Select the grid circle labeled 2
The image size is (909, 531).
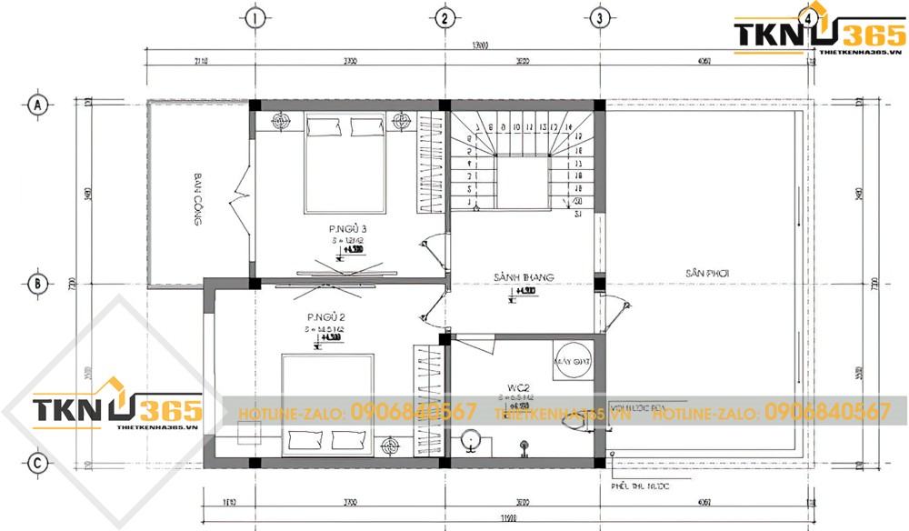tap(444, 18)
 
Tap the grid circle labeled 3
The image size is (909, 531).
tap(597, 18)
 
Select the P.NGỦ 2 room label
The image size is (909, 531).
tap(325, 317)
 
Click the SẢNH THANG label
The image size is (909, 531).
tap(524, 276)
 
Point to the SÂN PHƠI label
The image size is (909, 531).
tap(709, 273)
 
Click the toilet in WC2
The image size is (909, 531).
tap(574, 419)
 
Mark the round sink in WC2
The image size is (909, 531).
tap(470, 438)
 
